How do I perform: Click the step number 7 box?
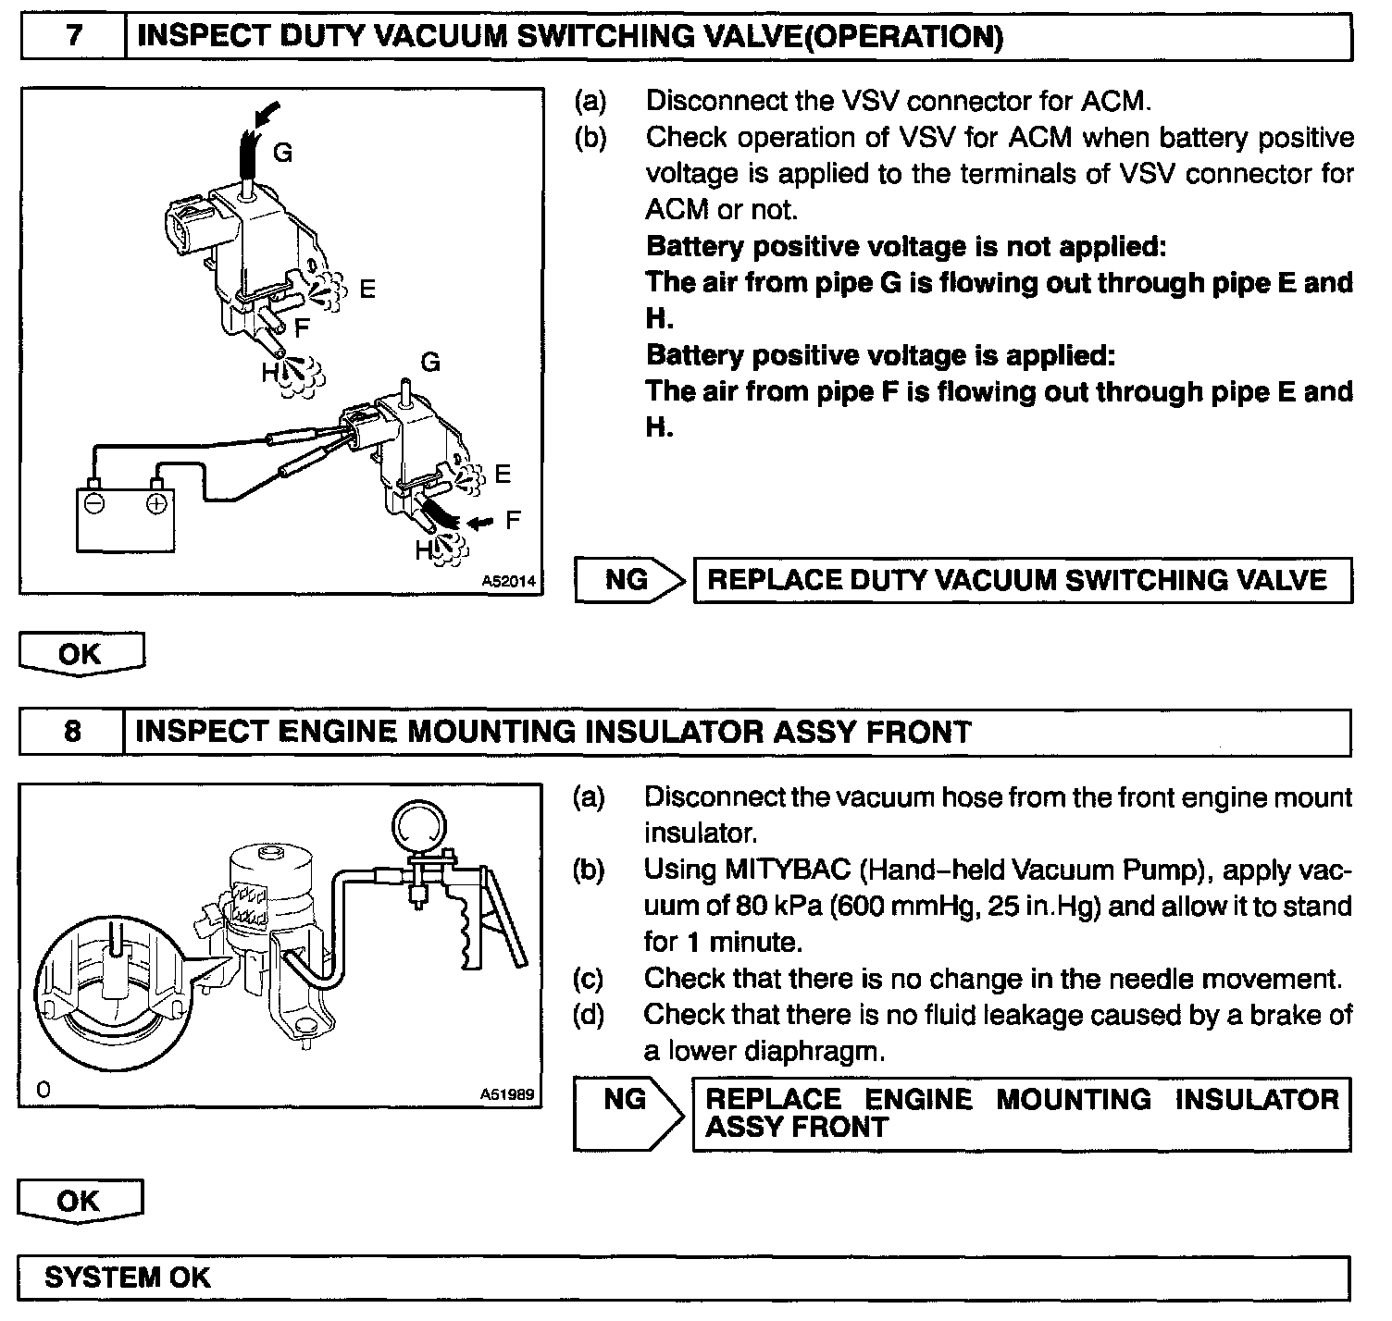pos(73,37)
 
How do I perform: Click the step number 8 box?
pos(72,732)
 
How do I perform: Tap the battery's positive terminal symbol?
pos(156,504)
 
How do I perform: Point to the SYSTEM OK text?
pos(128,1278)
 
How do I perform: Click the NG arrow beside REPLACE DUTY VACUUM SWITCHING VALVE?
pos(629,580)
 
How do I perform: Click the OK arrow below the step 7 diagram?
pos(81,654)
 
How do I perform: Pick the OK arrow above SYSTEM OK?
pos(81,1202)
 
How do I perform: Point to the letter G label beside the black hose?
pos(283,153)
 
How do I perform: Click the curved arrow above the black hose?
pos(266,114)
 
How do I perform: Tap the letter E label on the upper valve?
pos(367,290)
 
